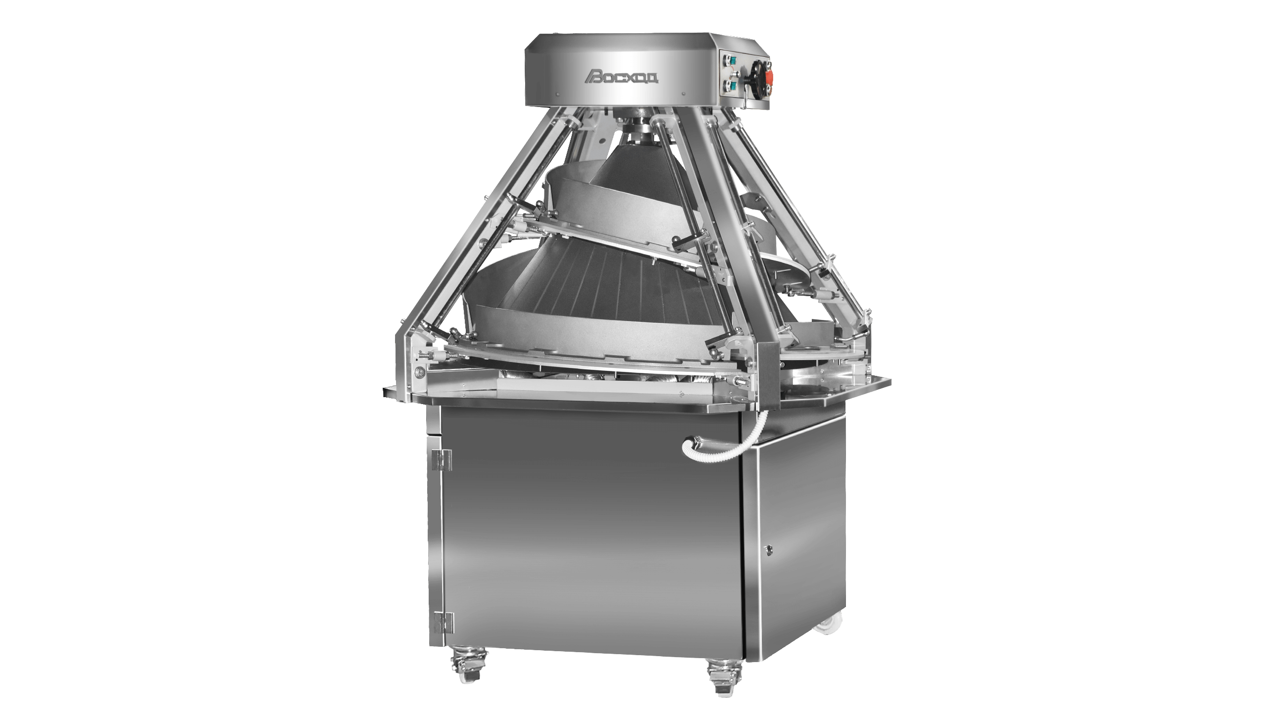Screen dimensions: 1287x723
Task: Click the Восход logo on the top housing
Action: [x=623, y=76]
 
